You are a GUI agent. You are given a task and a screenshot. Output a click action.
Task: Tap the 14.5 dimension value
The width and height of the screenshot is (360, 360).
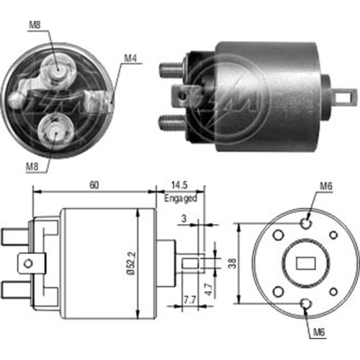pos(179,185)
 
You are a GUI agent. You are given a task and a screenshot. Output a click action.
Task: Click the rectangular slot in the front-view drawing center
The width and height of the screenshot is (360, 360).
pos(307,264)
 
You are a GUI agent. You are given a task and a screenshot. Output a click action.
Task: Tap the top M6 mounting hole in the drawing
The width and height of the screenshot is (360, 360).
pos(307,223)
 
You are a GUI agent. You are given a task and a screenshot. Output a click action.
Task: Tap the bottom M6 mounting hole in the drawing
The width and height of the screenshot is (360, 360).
pos(307,304)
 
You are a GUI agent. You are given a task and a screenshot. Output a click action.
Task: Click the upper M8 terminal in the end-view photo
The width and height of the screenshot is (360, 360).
pos(57,67)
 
